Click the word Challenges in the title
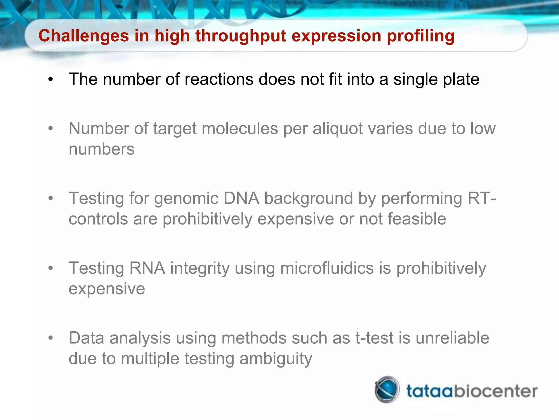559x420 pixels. [x=84, y=36]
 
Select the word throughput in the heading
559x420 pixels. [x=240, y=36]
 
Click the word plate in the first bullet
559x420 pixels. [x=461, y=79]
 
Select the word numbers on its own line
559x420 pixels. [x=102, y=149]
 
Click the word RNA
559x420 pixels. [x=147, y=268]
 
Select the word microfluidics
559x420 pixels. [x=327, y=268]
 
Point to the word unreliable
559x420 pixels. [x=452, y=338]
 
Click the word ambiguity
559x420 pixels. [x=276, y=359]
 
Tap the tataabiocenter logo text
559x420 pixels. [x=472, y=391]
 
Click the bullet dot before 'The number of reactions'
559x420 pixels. [x=50, y=80]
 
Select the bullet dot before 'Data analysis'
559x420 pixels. [x=50, y=338]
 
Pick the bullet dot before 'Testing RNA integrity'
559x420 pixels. [x=50, y=268]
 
